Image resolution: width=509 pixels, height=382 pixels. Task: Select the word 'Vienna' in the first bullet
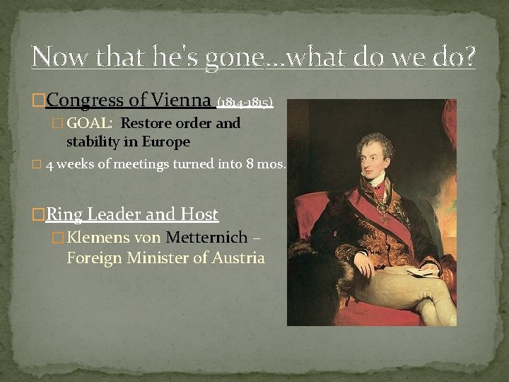click(180, 101)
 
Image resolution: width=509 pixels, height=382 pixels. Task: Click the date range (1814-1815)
click(245, 103)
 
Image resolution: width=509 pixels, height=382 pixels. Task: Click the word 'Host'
click(199, 214)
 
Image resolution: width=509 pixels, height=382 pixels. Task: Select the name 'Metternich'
click(206, 238)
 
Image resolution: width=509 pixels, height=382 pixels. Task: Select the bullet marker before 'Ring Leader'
click(39, 214)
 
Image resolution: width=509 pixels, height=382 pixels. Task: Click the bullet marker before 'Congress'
click(39, 101)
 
